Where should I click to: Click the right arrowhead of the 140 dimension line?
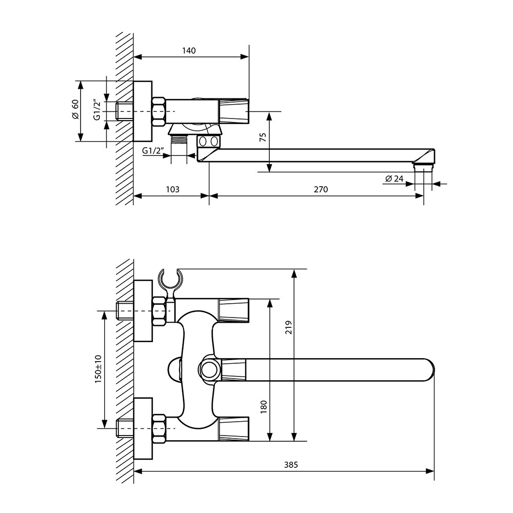245,56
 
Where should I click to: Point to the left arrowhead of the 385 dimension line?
139,471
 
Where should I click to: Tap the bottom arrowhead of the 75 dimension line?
269,168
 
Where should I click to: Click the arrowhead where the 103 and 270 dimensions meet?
209,196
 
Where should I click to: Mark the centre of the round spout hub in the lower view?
208,370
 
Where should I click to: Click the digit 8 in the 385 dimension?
291,465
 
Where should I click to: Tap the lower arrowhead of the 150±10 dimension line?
104,424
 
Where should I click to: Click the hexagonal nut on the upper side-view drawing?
159,111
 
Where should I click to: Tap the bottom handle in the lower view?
234,429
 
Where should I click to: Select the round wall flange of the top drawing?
143,111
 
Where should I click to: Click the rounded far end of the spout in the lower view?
428,370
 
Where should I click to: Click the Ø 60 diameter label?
75,109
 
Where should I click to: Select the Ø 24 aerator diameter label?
394,179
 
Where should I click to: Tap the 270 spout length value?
321,189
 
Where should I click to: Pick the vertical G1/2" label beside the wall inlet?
97,109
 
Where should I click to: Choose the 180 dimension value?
264,407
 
